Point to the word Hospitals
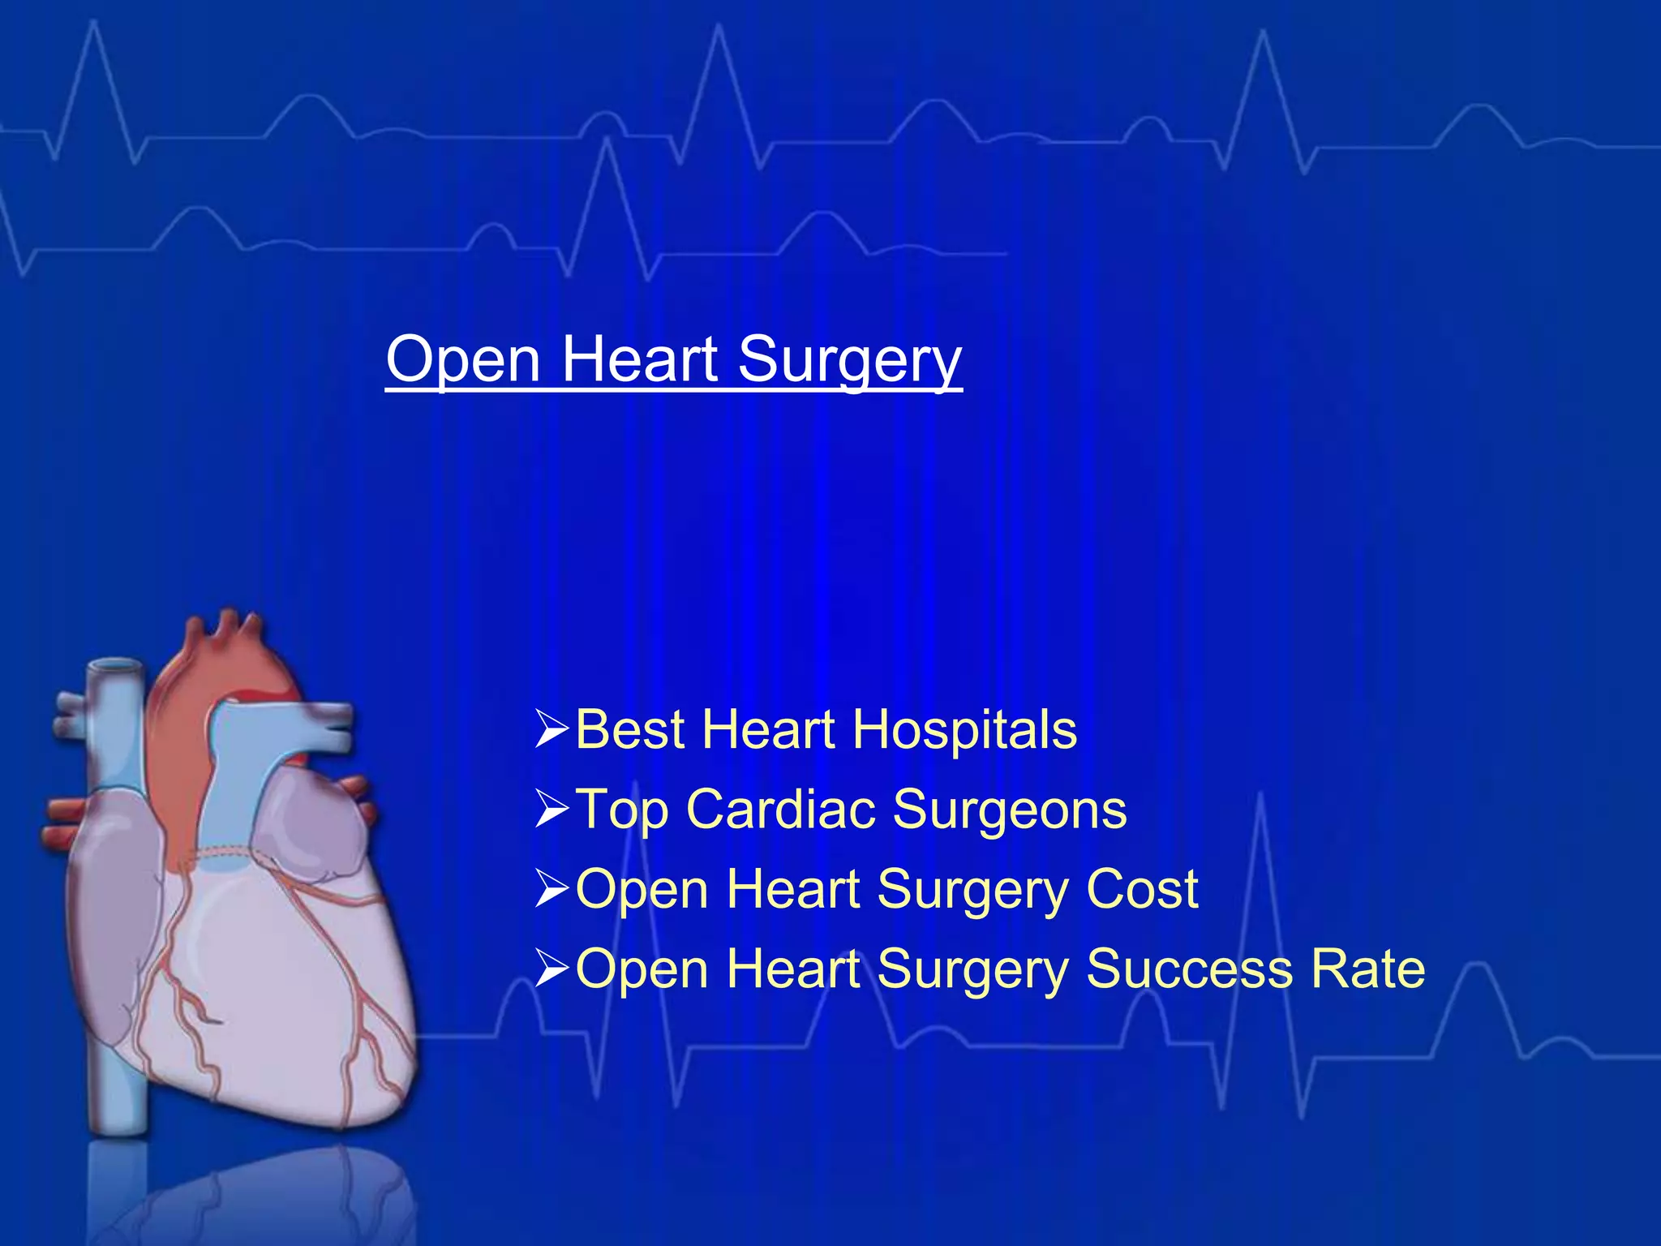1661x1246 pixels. [964, 729]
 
